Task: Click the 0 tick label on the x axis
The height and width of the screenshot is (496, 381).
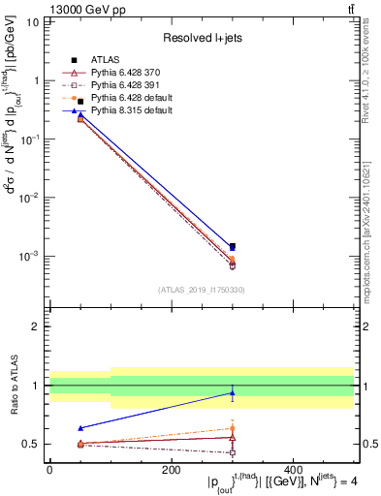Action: [x=49, y=471]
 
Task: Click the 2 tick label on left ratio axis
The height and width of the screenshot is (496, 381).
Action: [x=35, y=326]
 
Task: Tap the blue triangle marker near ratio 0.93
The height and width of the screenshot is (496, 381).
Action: [x=232, y=393]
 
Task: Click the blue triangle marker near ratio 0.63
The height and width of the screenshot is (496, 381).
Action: [x=79, y=428]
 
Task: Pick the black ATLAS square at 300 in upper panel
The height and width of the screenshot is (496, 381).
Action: [x=232, y=246]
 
